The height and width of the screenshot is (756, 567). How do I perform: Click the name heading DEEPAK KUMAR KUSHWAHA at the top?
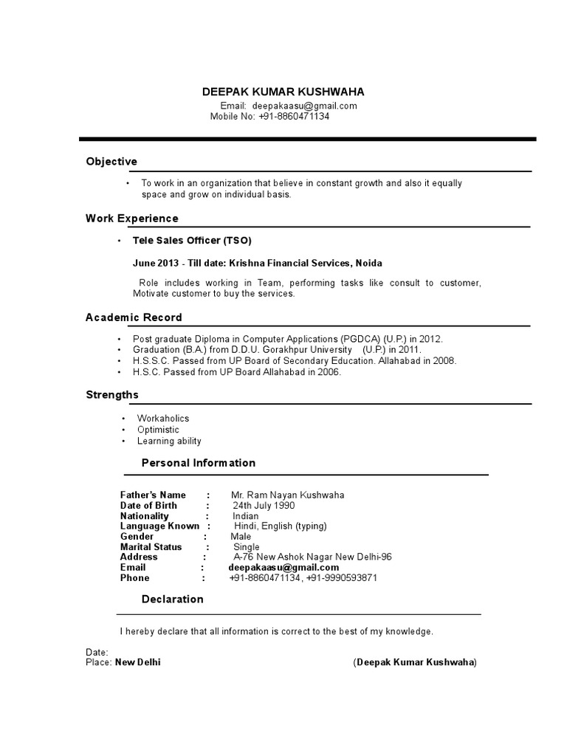pos(283,92)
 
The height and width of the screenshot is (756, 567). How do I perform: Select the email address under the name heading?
pos(304,106)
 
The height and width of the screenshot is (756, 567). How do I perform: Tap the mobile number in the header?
pos(294,117)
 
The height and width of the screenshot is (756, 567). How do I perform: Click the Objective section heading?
pos(111,162)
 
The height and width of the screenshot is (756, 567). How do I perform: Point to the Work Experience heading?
pos(132,219)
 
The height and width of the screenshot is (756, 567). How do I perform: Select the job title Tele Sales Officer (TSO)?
pos(192,241)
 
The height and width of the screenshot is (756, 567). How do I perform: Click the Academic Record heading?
pos(134,317)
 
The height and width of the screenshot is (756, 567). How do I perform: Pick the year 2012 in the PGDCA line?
pos(430,339)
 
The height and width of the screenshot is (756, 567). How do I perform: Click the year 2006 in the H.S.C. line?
pos(329,372)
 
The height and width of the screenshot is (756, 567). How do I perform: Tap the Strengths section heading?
pos(112,395)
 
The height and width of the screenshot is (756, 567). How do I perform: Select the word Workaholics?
pos(163,419)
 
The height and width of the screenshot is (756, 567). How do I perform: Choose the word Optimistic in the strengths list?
pos(158,430)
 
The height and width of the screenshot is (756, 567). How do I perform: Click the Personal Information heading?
pos(199,463)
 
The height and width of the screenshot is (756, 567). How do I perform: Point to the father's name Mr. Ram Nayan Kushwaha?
pos(287,495)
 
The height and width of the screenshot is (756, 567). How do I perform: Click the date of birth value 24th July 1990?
pos(264,506)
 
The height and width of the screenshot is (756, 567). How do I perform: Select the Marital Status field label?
pos(151,547)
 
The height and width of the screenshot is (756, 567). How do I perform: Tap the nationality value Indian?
pos(246,516)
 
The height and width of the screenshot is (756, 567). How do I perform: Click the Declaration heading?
pos(173,599)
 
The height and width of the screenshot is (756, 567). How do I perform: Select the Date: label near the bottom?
pos(97,653)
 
